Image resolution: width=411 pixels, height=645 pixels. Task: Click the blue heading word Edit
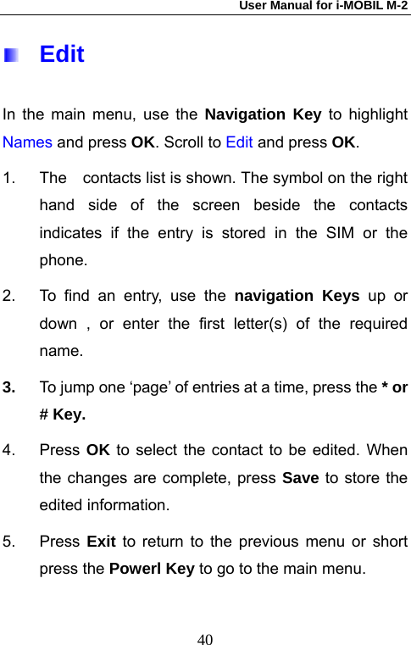click(62, 54)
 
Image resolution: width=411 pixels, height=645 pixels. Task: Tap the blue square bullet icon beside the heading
click(10, 56)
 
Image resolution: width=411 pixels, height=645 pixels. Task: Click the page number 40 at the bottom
click(205, 614)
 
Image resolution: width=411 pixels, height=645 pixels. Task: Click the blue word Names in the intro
click(28, 142)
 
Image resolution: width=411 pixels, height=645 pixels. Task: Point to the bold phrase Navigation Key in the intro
click(263, 114)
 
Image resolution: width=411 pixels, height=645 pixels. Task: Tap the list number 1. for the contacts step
click(9, 179)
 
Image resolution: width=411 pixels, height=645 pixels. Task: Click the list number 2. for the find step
click(9, 296)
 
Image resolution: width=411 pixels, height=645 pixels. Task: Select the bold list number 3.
click(9, 387)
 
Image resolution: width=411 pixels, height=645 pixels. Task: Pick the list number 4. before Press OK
click(9, 449)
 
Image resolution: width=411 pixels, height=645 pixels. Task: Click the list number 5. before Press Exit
click(9, 541)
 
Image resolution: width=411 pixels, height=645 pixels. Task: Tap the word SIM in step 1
click(330, 233)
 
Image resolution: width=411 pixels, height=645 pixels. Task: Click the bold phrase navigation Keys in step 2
click(295, 296)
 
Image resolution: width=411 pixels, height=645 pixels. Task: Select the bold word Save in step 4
click(301, 477)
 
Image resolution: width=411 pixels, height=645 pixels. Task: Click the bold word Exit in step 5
click(103, 541)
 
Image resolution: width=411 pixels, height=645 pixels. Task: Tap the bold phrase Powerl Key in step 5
click(153, 569)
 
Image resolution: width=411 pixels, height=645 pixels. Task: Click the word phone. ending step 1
click(63, 260)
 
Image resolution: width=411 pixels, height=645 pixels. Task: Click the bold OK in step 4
click(97, 449)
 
